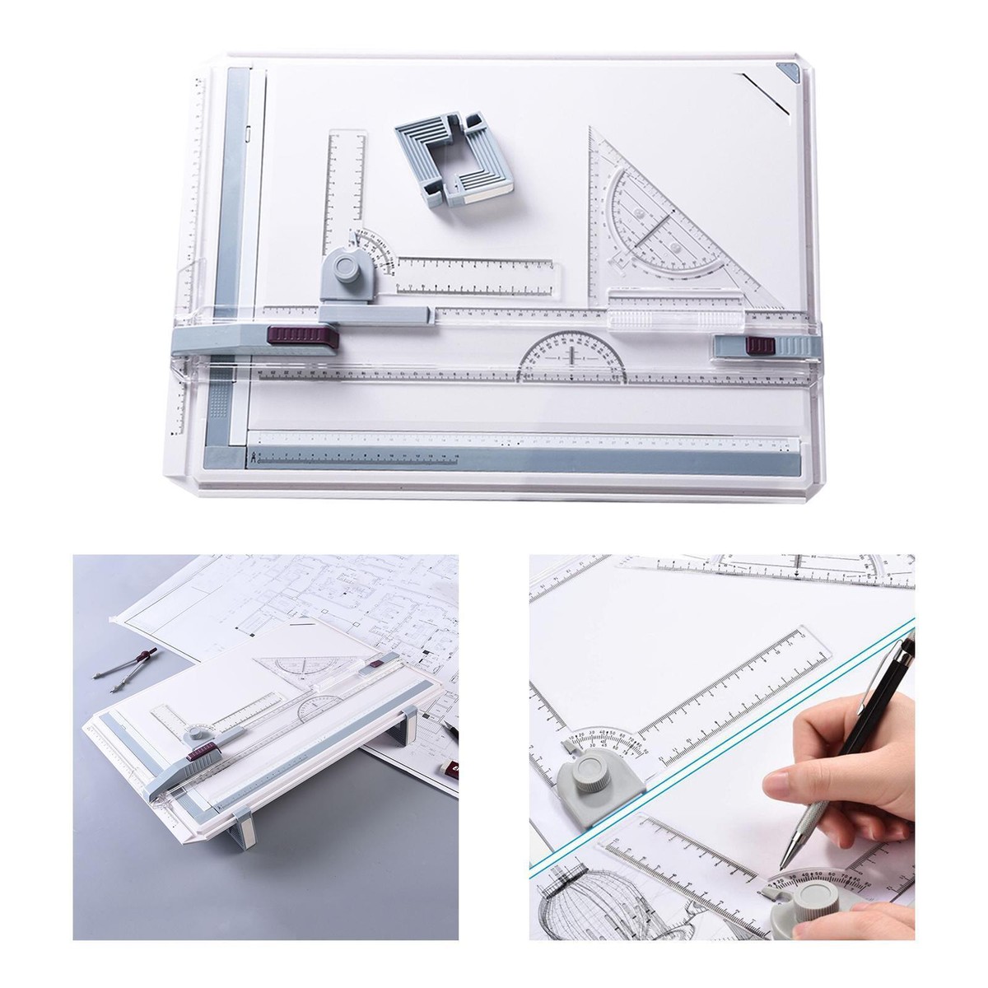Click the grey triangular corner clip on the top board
(x=791, y=73)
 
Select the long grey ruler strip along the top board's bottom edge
(x=527, y=459)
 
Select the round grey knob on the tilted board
(x=198, y=734)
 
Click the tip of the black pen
(x=786, y=864)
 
